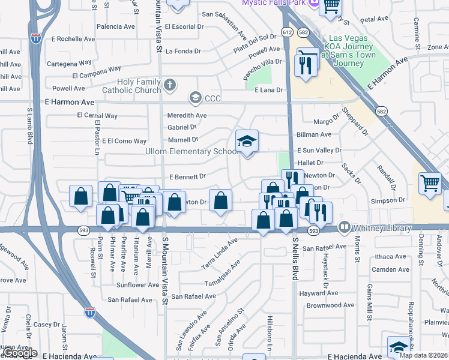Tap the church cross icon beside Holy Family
coord(170,84)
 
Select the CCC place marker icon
coord(195,97)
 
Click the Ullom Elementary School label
coord(192,151)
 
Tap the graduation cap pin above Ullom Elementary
coord(247,142)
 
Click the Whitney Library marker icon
coord(345,227)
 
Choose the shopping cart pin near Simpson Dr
coord(430,183)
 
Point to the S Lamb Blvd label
coord(29,125)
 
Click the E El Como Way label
coord(124,141)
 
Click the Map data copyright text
coord(420,355)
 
